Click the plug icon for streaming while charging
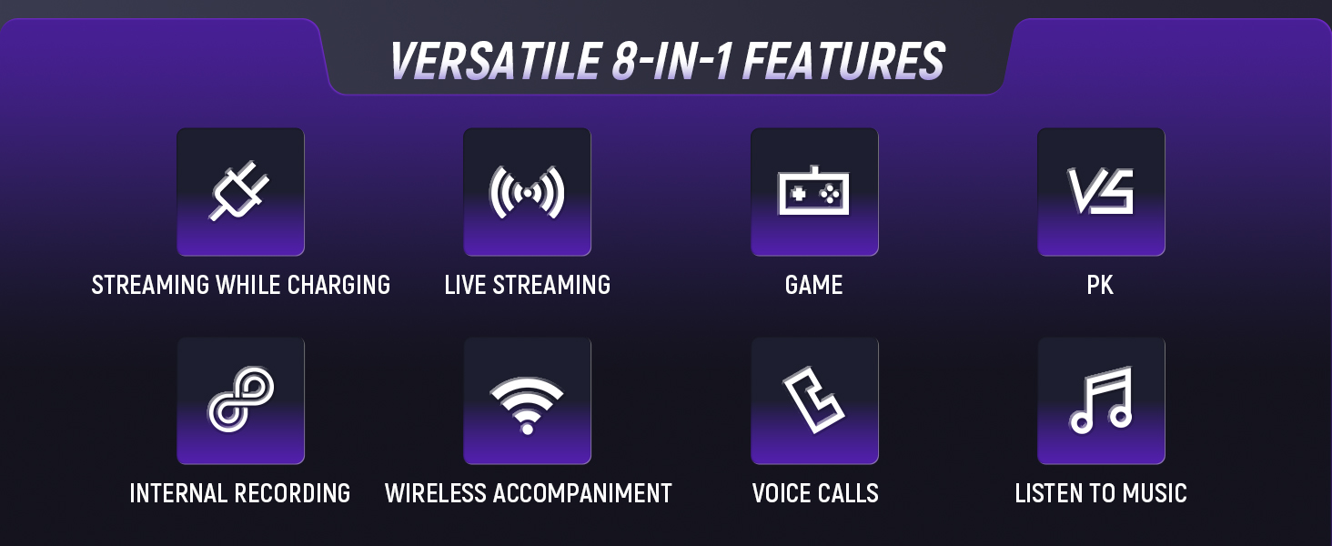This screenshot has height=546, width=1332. (239, 191)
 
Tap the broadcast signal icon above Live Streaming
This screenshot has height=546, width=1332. (527, 192)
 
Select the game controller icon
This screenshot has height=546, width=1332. (813, 191)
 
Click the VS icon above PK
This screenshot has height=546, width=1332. (1101, 191)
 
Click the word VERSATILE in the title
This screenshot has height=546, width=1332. (495, 61)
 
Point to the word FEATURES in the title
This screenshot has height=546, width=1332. (843, 61)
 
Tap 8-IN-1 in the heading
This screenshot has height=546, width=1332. (671, 61)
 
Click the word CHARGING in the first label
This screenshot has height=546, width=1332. (338, 285)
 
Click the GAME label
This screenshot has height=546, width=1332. (813, 285)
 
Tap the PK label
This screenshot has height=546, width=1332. (1100, 285)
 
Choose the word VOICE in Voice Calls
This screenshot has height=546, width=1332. (780, 493)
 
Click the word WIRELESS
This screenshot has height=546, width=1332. (436, 493)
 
